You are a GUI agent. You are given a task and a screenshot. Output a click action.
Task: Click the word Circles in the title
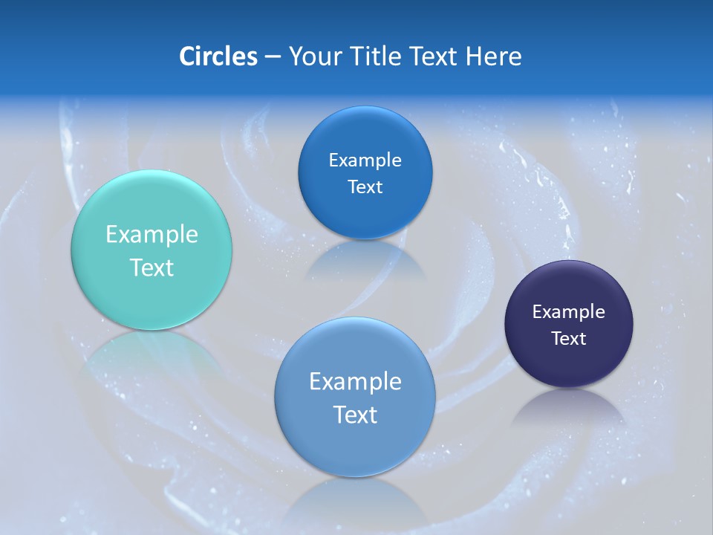coord(218,56)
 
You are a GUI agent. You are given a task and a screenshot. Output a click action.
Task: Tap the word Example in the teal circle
coord(152,235)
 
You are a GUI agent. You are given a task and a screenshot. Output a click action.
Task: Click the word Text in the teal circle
coord(152,267)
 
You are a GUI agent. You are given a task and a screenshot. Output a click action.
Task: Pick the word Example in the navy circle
coord(569,312)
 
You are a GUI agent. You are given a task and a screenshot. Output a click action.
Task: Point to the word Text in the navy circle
coord(569,339)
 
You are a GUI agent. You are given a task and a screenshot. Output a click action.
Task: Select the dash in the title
coord(272,57)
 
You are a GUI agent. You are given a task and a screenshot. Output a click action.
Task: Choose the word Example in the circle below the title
coord(365,160)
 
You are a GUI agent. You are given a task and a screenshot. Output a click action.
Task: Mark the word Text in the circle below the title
coord(365,187)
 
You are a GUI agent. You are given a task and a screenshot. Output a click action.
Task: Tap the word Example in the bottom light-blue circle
coord(355,382)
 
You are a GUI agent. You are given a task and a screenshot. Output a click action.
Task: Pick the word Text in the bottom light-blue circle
coord(355,415)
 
